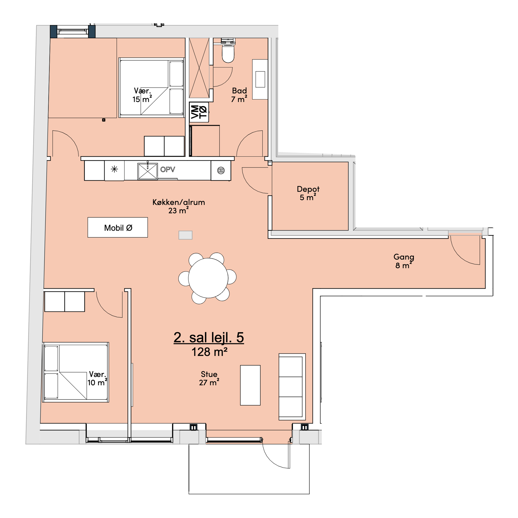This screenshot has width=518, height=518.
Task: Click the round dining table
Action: coord(208,278)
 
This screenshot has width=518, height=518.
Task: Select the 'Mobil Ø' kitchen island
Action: coord(118,227)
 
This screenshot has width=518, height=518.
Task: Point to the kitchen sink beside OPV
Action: coord(147,171)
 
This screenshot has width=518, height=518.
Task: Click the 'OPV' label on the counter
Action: coord(168,169)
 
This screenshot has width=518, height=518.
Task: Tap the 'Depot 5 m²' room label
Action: coord(308,193)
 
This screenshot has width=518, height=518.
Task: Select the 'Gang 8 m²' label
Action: coord(404,261)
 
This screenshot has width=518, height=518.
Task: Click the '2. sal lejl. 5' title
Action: coord(209,337)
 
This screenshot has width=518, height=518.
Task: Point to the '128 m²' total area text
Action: coord(209,352)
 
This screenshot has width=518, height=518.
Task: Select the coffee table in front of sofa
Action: coord(250,385)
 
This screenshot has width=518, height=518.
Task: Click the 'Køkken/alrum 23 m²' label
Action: coord(179,206)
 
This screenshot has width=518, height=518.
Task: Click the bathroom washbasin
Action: coord(260,79)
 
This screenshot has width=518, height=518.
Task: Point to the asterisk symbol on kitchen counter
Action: coord(115,169)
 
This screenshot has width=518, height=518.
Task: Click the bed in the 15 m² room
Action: coord(152,88)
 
